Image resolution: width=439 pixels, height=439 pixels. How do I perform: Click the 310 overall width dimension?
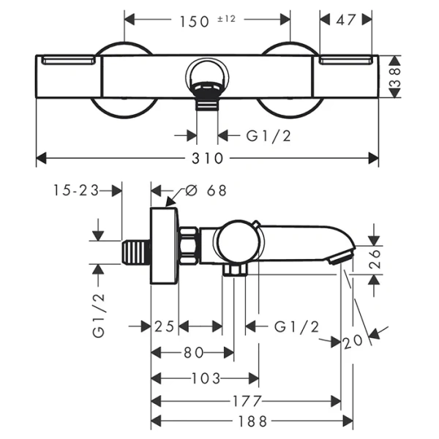[x=208, y=158]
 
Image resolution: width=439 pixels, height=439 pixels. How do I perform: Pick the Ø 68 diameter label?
[x=207, y=192]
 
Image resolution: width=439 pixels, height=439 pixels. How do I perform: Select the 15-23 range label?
[x=76, y=190]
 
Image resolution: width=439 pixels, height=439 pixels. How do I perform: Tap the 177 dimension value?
[x=249, y=401]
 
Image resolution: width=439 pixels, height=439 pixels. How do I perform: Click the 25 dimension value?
[x=165, y=327]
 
